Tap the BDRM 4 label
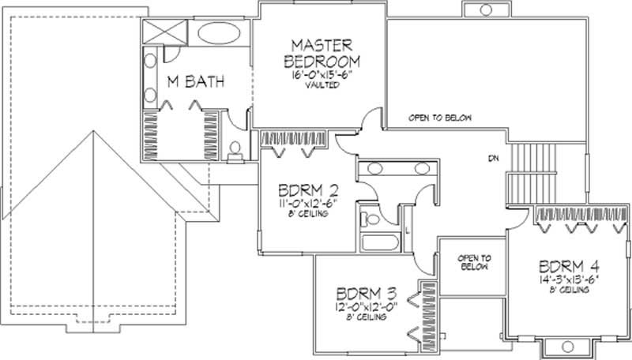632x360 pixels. pos(566,265)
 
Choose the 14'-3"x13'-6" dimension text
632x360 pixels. pos(566,279)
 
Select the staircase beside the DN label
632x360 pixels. pos(533,173)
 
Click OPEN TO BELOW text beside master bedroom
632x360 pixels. pos(440,118)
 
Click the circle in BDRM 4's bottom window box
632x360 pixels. pos(566,346)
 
